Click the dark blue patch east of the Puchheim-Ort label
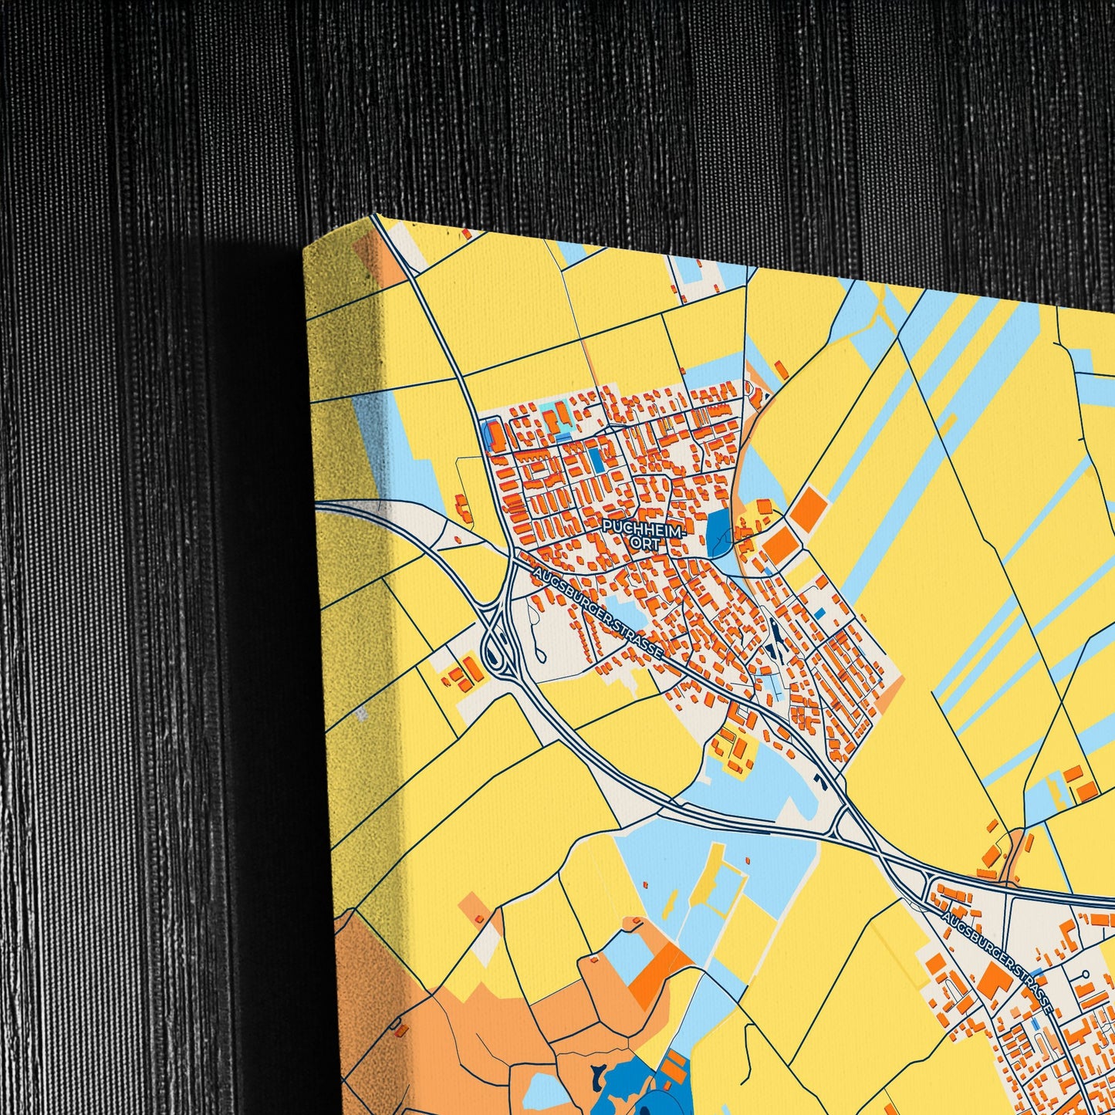pos(718,533)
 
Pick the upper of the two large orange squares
pos(809,510)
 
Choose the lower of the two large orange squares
pos(780,546)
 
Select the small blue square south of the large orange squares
pos(819,613)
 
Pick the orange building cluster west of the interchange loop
pos(461,674)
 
